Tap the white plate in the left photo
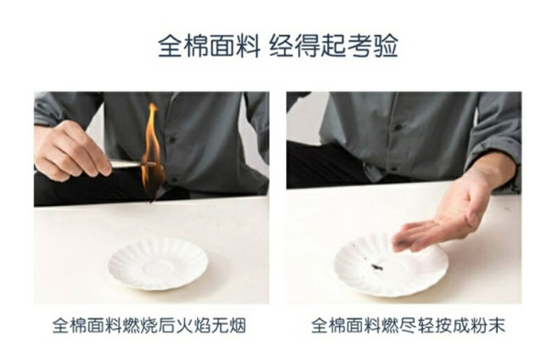pyautogui.click(x=158, y=264)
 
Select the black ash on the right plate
pyautogui.click(x=377, y=267)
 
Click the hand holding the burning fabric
pyautogui.click(x=71, y=152)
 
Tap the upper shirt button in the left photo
pyautogui.click(x=172, y=140)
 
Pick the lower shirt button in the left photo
pyautogui.click(x=174, y=180)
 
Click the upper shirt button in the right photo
pyautogui.click(x=398, y=127)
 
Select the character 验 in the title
pyautogui.click(x=386, y=46)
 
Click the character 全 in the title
pyautogui.click(x=170, y=46)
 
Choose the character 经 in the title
pyautogui.click(x=281, y=46)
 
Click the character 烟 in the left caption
pyautogui.click(x=236, y=325)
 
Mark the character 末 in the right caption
pyautogui.click(x=496, y=325)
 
